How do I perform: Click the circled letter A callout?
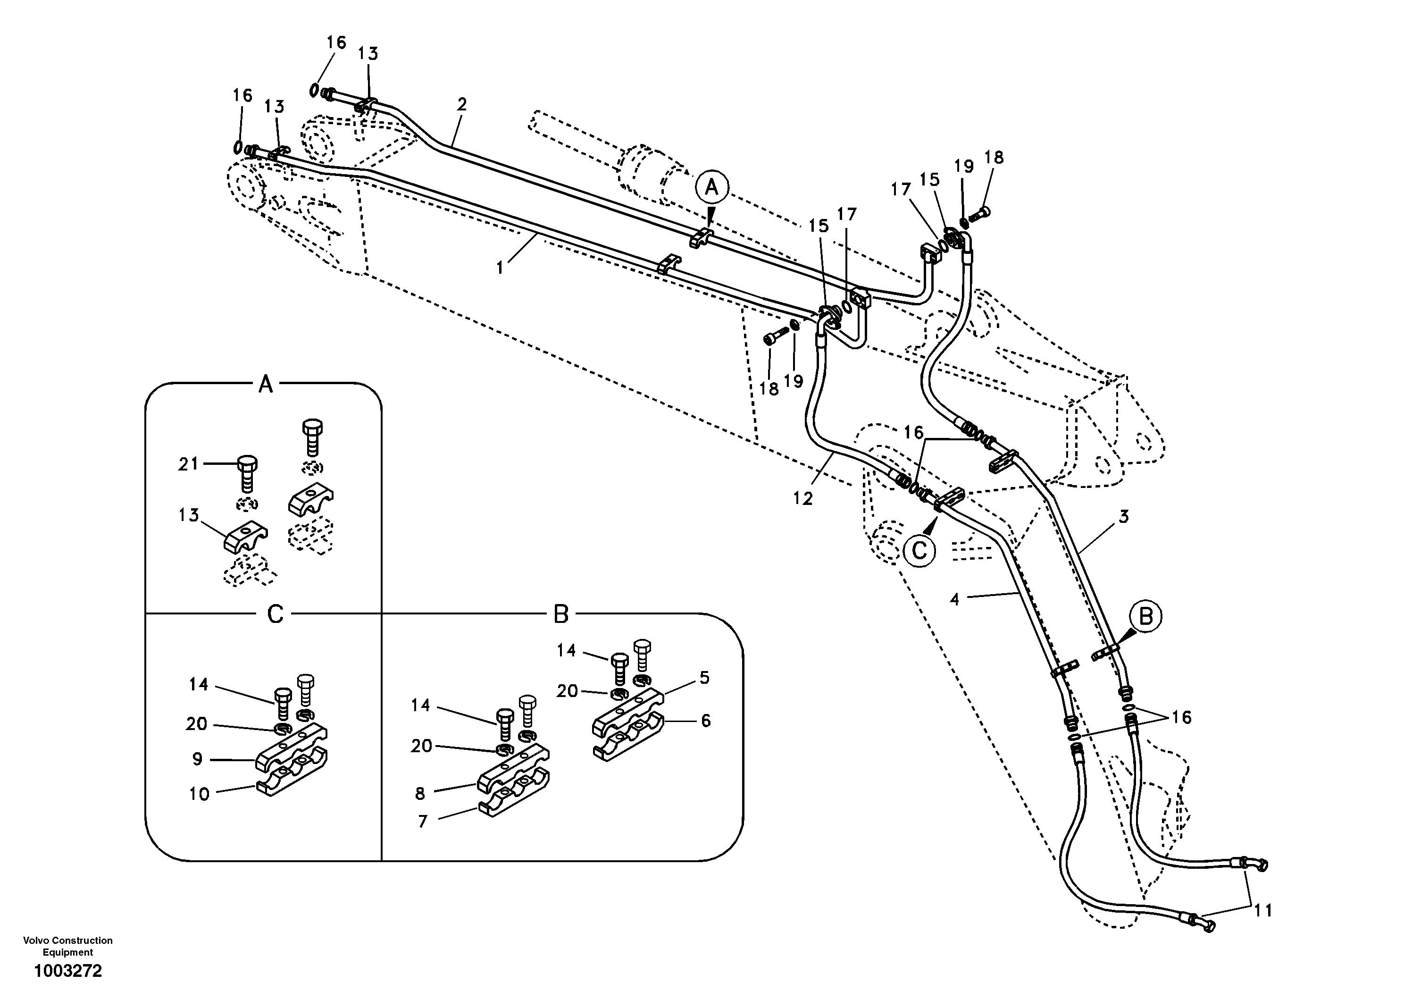click(x=711, y=187)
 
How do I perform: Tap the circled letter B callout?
click(x=1145, y=617)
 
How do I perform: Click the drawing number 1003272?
click(x=68, y=971)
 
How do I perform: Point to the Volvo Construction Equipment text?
click(x=68, y=946)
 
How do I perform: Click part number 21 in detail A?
click(x=188, y=464)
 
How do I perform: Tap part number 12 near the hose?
click(x=802, y=499)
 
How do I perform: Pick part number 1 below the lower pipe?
click(x=500, y=268)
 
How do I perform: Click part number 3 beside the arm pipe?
click(x=1124, y=517)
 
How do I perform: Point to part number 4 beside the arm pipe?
click(x=954, y=599)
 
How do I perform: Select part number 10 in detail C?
click(x=199, y=794)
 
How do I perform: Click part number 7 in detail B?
click(x=423, y=821)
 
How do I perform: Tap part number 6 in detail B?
click(x=706, y=721)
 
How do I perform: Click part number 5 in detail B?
click(x=704, y=678)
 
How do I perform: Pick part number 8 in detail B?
click(x=419, y=793)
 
